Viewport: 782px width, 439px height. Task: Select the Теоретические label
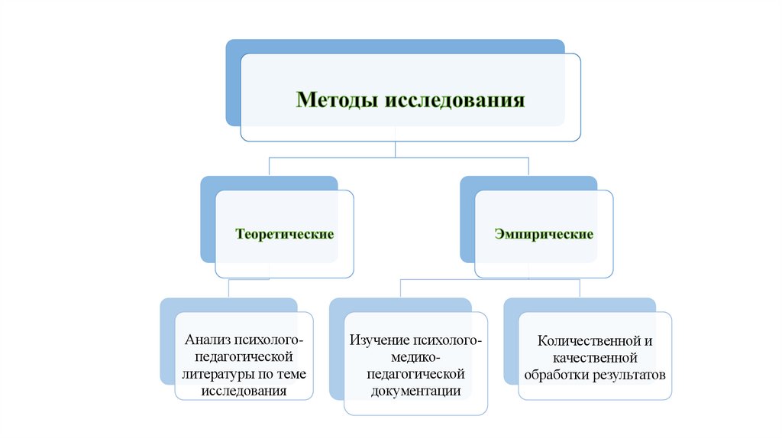pos(284,233)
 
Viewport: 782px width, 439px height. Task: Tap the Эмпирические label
pos(544,233)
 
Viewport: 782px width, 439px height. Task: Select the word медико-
pos(416,357)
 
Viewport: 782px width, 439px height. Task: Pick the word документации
pos(416,391)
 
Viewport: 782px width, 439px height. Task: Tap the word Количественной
pos(588,340)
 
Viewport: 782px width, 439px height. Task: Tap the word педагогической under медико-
pos(416,374)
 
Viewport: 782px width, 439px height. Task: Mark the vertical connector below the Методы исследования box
pos(396,150)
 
